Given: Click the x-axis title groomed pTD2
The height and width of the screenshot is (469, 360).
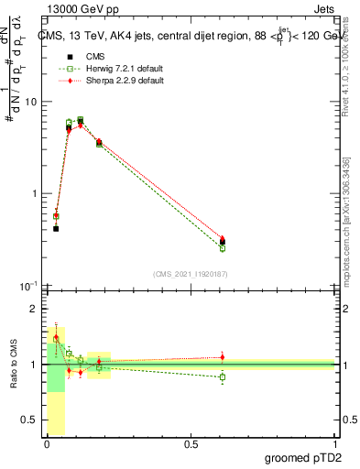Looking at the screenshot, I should pos(304,455).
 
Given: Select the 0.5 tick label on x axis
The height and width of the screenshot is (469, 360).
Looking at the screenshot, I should pos(191,444).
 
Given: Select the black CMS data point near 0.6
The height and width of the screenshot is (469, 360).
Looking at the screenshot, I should pos(222,243).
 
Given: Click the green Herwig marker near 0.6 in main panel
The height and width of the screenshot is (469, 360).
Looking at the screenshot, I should pos(222,248).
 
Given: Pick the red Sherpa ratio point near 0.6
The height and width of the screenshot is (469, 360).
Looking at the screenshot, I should pos(222,357).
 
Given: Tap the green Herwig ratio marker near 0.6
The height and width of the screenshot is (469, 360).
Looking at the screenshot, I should pos(222,376).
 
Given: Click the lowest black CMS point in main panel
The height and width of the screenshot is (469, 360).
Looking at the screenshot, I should pos(56,228).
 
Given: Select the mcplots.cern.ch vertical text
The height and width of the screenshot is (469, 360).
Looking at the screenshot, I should pos(347,229).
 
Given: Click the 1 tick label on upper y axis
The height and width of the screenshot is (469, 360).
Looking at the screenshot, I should pos(36,194).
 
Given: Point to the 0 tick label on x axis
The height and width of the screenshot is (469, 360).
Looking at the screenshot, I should pos(48,444).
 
